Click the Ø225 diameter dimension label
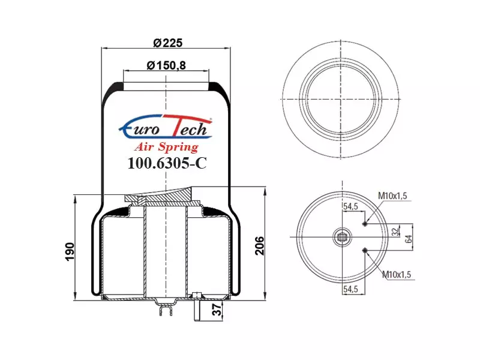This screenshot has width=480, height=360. pyautogui.click(x=167, y=43)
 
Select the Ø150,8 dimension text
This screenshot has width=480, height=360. pyautogui.click(x=166, y=65)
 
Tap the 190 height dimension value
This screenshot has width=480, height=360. pyautogui.click(x=70, y=251)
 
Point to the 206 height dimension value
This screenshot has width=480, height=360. pyautogui.click(x=260, y=245)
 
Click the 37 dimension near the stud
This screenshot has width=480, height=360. pyautogui.click(x=217, y=310)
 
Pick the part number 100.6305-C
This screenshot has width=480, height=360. pyautogui.click(x=167, y=163)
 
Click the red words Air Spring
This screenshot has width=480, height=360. pyautogui.click(x=166, y=147)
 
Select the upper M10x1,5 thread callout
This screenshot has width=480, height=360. pyautogui.click(x=392, y=196)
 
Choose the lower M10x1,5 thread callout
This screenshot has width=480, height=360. pyautogui.click(x=397, y=275)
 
